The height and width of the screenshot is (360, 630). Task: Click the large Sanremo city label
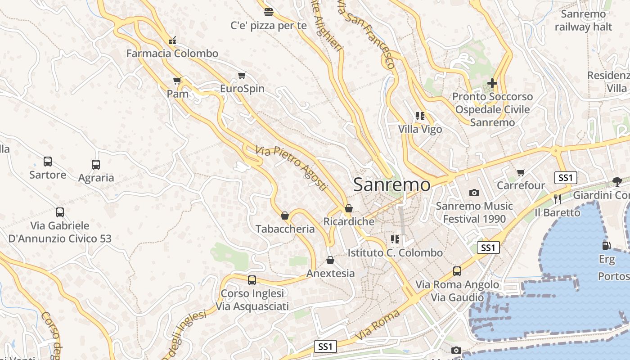pos(391,185)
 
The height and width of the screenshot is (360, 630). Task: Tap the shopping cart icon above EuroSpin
pos(242,75)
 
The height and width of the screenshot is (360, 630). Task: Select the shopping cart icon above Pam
pos(177,81)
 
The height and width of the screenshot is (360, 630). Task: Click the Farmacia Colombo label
pos(172,54)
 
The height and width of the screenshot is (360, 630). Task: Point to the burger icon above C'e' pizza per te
pos(269,12)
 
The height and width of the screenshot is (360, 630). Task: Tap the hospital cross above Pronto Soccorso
pos(492,83)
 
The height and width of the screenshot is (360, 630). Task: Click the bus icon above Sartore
pos(48,162)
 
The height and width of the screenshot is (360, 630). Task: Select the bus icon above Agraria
pos(96,165)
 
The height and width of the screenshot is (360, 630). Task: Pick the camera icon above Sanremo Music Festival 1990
pos(474,193)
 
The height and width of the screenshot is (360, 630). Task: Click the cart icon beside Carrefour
pos(521,172)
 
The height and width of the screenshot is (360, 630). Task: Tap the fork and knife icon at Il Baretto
pos(558,199)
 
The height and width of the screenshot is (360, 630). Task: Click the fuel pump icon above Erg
pos(606,246)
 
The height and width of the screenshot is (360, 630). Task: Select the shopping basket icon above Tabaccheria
pos(285,216)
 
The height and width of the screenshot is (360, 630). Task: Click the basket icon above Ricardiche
pos(349,208)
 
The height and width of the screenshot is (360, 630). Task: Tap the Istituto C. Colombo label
pos(395,253)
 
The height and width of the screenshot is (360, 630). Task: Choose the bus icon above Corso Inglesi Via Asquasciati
pos(252,280)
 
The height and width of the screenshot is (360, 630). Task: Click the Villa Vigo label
pos(420,130)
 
